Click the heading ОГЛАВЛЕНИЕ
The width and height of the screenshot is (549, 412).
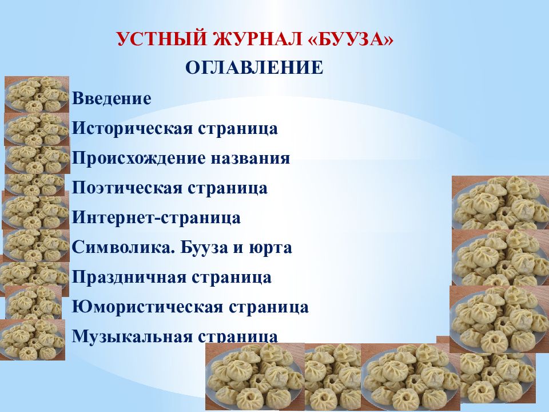(x=254, y=69)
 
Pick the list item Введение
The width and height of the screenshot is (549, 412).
(x=112, y=99)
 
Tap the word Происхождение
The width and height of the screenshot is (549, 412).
(x=136, y=159)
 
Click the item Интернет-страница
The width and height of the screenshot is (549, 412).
(x=156, y=218)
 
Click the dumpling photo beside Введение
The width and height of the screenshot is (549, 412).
(x=37, y=94)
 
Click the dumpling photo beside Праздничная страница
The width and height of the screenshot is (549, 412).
(x=31, y=278)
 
